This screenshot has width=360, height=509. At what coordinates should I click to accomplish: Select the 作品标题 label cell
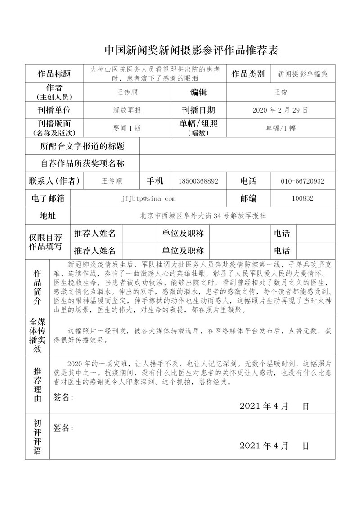click(54, 74)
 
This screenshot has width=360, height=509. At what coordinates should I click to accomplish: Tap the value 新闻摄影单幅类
click(302, 74)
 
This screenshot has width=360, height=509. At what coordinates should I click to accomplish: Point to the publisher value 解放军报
click(127, 110)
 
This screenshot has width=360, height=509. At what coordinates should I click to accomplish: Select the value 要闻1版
click(127, 128)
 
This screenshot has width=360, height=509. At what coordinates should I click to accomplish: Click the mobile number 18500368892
click(198, 181)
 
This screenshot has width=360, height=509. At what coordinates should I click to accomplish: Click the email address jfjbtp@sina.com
click(148, 198)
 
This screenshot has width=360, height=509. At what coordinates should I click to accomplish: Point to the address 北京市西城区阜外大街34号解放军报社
click(203, 216)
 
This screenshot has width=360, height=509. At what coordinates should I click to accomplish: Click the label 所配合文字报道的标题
click(82, 146)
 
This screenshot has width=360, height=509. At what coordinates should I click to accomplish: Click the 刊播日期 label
click(198, 110)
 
